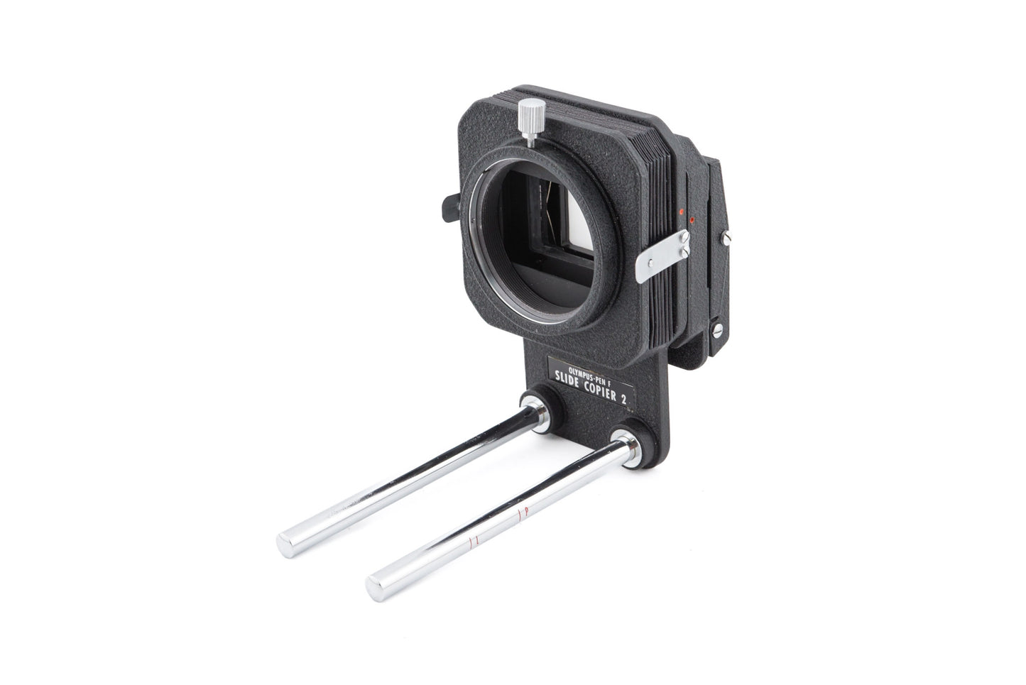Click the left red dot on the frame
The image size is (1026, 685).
[681, 212]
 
